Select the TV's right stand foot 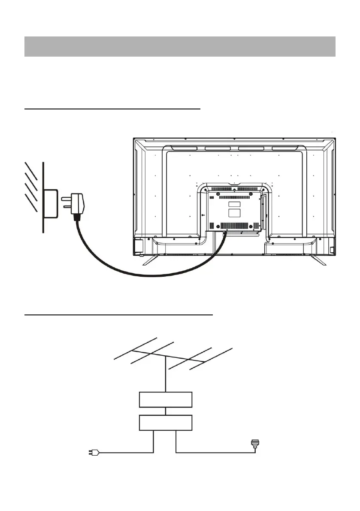coord(318,260)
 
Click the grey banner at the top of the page coord(180,47)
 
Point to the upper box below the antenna coord(166,400)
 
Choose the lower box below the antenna coord(166,423)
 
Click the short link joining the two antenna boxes coord(166,411)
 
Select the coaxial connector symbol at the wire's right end coord(256,445)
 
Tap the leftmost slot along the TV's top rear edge coord(180,149)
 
